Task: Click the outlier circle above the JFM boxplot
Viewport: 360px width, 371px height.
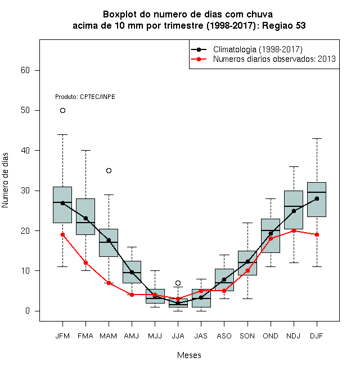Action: click(x=62, y=111)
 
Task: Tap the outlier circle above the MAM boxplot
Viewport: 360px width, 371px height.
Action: click(x=109, y=170)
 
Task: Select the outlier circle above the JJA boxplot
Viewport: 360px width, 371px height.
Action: click(x=178, y=283)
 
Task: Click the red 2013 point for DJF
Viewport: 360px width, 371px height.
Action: click(x=317, y=235)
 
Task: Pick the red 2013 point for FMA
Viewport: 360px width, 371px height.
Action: click(x=85, y=263)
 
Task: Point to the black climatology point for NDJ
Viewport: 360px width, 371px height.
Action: click(x=294, y=211)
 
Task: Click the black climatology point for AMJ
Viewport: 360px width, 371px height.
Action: click(x=132, y=272)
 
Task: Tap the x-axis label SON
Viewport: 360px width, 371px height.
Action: click(x=247, y=336)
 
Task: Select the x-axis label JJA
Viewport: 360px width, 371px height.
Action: click(x=178, y=336)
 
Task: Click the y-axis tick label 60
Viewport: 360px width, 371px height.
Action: click(x=25, y=70)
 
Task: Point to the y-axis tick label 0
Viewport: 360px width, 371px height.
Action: click(x=28, y=311)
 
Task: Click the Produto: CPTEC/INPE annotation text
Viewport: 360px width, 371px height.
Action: click(x=85, y=97)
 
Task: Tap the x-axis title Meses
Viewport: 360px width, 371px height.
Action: click(x=189, y=355)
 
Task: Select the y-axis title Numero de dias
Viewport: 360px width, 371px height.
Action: click(x=5, y=180)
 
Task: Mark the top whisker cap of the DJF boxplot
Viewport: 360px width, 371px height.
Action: click(x=317, y=138)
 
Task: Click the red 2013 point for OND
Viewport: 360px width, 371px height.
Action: click(x=271, y=239)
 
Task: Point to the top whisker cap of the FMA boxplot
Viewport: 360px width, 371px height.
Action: click(x=85, y=150)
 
